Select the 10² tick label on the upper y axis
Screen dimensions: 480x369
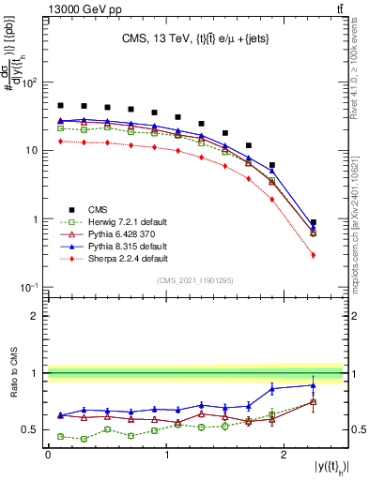pos(28,82)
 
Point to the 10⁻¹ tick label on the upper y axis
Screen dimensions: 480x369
pos(28,287)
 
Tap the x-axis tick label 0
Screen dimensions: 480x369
pos(48,454)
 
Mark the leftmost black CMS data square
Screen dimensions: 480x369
pos(61,106)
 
